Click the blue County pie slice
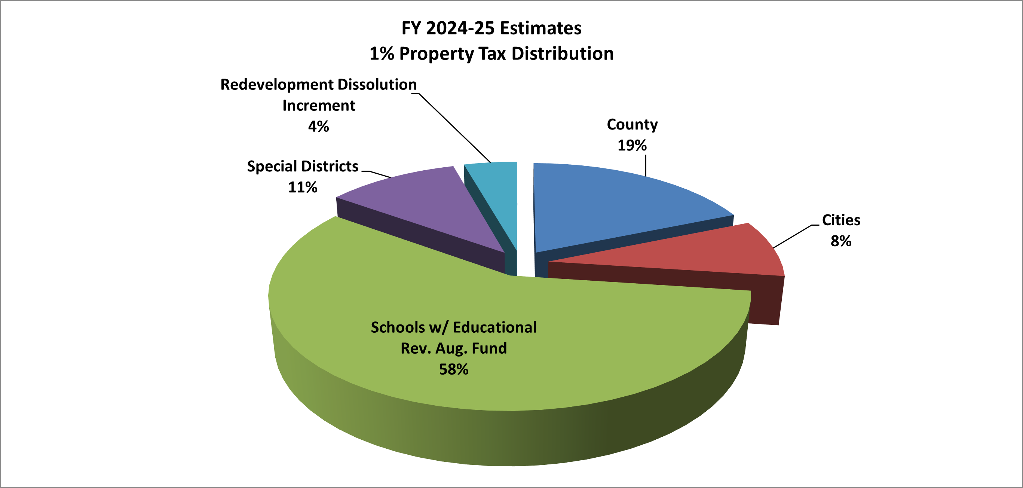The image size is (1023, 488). [x=619, y=207]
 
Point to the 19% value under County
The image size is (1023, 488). [x=632, y=146]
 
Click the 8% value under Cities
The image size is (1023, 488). [x=841, y=241]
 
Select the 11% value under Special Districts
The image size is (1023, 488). [x=303, y=187]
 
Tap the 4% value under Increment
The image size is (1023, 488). [x=319, y=126]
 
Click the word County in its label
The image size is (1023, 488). [x=632, y=125]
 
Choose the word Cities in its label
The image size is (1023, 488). [x=841, y=220]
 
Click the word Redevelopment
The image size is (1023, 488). [x=277, y=85]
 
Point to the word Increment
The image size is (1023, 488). [x=319, y=106]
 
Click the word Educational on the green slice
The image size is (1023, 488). [x=495, y=327]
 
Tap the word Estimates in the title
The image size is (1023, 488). [x=540, y=28]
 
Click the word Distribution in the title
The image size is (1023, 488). [x=562, y=54]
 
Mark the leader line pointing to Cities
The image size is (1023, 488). [x=792, y=237]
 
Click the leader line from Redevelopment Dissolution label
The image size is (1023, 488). [x=455, y=128]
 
